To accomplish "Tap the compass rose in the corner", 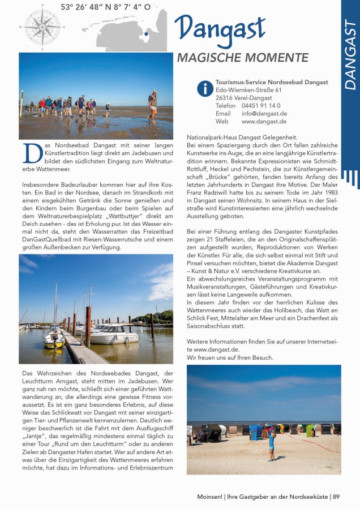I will [x=42, y=26].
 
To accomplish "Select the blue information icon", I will [x=204, y=88].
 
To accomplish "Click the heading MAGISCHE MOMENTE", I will [x=242, y=58].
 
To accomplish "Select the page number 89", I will [x=336, y=497].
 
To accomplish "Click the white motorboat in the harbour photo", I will [x=113, y=334].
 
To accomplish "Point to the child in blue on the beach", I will [x=271, y=444].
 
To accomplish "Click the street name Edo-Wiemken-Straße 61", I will [x=248, y=90].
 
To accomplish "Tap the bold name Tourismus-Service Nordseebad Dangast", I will [x=272, y=82].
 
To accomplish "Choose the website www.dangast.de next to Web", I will [x=264, y=122].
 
